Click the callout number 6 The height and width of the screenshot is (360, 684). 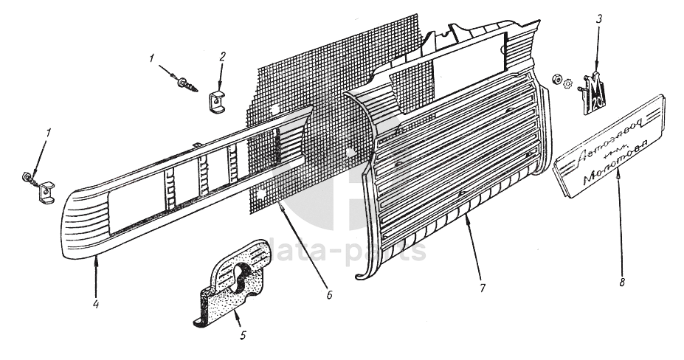tap(329, 295)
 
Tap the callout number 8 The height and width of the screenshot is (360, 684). tap(621, 280)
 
